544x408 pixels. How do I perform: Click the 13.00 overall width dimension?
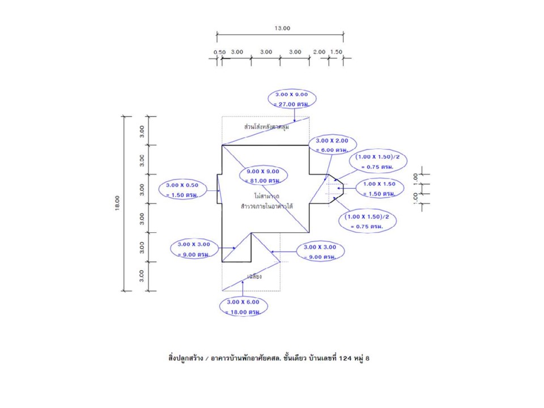[282, 28]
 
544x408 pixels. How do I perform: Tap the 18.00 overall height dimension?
[117, 202]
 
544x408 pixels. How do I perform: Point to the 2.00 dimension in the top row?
[319, 52]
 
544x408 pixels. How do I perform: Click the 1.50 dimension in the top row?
[336, 52]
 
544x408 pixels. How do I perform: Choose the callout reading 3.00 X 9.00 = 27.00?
[292, 99]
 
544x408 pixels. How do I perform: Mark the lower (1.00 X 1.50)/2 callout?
[367, 221]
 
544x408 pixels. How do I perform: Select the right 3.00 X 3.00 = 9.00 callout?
[320, 252]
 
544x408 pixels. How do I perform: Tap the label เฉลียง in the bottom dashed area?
[254, 277]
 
